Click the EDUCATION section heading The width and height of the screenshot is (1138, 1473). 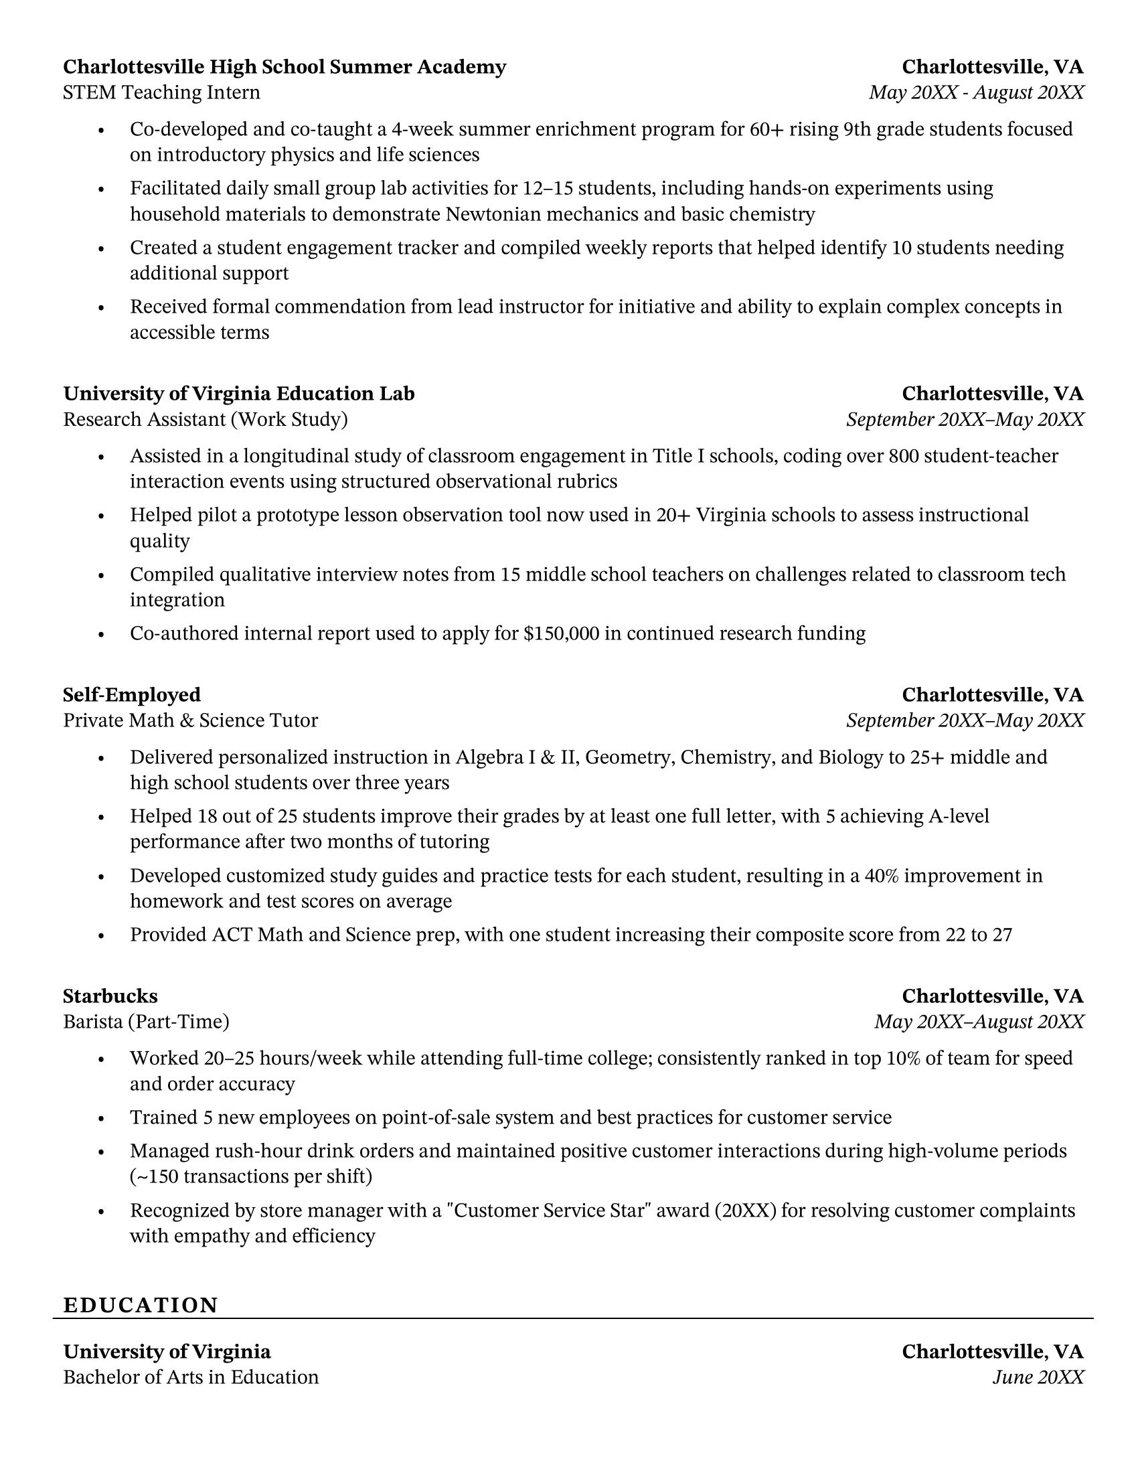coord(140,1305)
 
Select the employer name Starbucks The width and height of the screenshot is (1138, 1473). coord(110,996)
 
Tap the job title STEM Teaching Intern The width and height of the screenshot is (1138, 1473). coord(161,92)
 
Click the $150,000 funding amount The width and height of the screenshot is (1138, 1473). coord(561,633)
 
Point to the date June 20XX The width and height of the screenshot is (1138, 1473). coord(1038,1377)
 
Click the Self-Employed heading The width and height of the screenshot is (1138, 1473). coord(131,695)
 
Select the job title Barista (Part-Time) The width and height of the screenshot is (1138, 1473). coord(147,1022)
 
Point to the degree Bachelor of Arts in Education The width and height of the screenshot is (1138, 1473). coord(191,1377)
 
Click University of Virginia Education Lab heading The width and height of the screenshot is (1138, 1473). coord(239,393)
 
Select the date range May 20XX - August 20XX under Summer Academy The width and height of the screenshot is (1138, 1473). coord(976,92)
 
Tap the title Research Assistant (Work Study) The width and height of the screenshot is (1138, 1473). coord(205,420)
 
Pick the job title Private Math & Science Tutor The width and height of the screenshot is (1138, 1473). coord(190,720)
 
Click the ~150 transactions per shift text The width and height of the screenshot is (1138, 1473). coord(251,1176)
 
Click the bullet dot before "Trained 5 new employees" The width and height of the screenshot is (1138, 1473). coord(101,1118)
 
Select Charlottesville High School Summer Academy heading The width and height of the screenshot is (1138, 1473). coord(284,67)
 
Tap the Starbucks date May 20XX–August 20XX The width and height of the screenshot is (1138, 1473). coord(979,1022)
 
